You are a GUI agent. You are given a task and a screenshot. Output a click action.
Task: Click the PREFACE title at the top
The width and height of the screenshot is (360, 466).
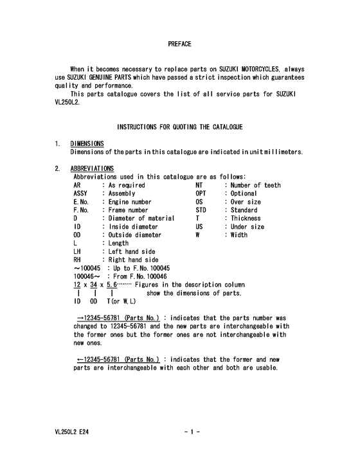click(x=179, y=44)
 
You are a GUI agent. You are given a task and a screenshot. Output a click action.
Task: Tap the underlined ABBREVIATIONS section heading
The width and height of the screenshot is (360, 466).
click(x=92, y=168)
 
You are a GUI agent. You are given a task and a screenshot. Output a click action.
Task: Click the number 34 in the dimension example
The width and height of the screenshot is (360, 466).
click(x=93, y=285)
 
